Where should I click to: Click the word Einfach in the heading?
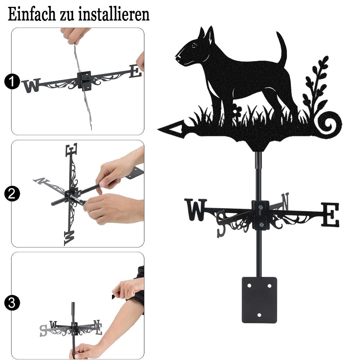32,14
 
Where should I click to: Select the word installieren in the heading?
114,14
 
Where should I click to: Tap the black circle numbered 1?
12,81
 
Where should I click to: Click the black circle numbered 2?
12,194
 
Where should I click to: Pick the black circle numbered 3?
12,303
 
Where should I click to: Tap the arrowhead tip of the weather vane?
158,130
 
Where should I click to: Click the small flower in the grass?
236,109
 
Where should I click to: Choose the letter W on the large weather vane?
196,210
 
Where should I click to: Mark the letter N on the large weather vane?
285,201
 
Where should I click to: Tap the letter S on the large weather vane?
221,224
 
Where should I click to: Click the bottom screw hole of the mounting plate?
259,315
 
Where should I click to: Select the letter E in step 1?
135,71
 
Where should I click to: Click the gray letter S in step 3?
43,331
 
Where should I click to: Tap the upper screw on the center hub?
260,207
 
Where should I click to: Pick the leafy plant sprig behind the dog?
316,87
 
